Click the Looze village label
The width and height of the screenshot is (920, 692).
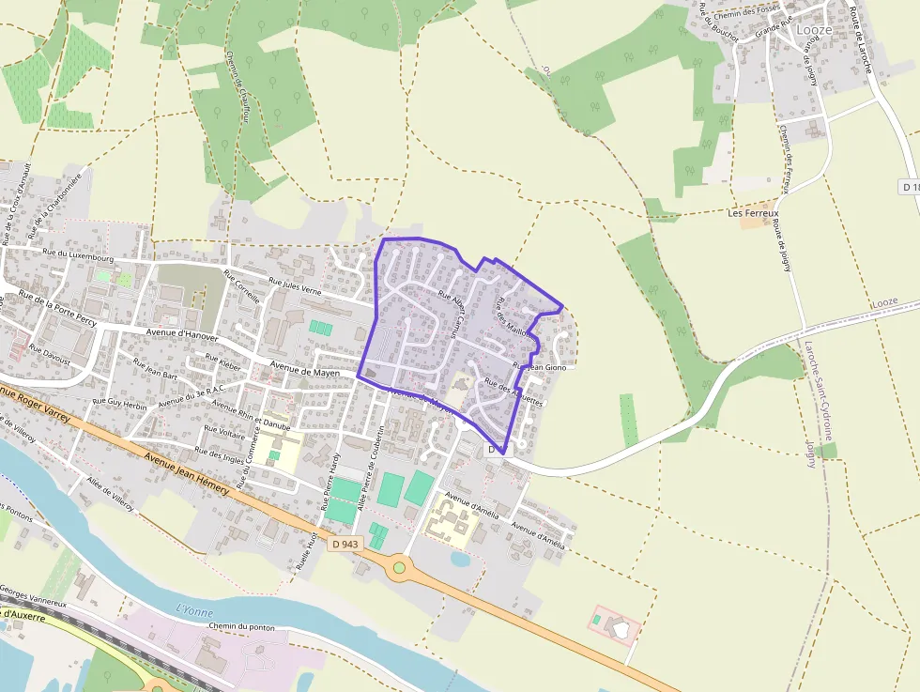tap(813, 30)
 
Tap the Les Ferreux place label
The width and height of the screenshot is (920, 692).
tap(754, 213)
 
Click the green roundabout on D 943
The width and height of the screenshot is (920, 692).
tap(400, 566)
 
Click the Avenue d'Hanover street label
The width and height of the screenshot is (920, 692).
tap(182, 334)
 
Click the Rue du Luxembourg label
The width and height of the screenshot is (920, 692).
tap(78, 254)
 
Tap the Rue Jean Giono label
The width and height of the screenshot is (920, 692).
tap(541, 367)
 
